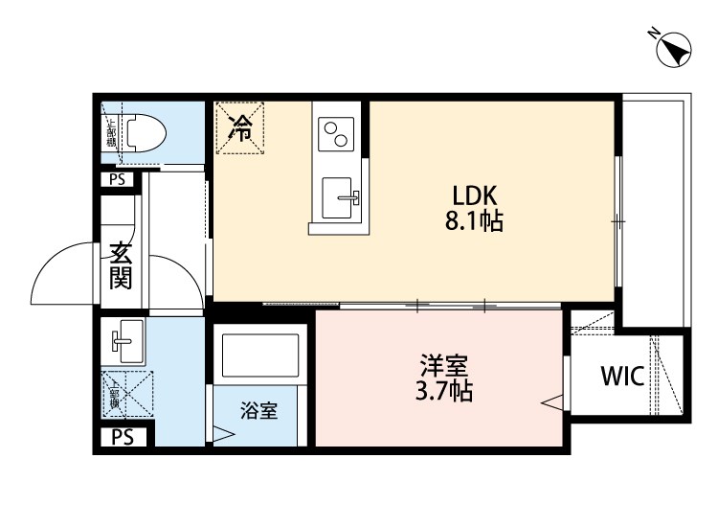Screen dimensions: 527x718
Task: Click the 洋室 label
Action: tap(443, 366)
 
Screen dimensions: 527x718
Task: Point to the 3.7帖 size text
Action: tap(443, 391)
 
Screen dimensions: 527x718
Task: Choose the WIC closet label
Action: tap(623, 375)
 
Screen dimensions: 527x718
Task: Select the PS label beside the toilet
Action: tap(117, 178)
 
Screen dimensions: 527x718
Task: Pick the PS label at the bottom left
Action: tap(122, 438)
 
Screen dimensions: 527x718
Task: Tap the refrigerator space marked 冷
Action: tap(243, 126)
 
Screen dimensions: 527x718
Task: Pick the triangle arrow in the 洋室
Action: tap(552, 402)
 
